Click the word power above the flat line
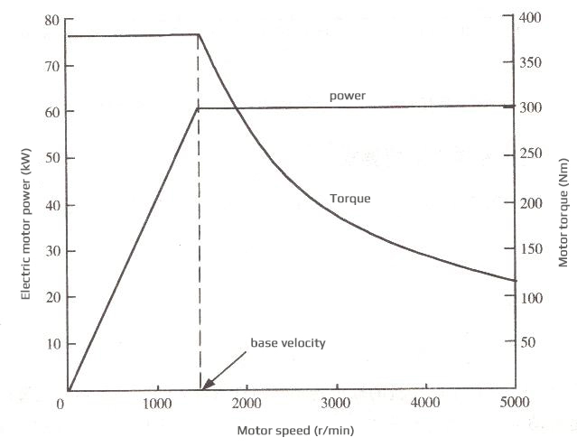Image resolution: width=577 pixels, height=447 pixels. [x=348, y=94]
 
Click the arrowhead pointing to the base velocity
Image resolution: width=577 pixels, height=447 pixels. [x=204, y=386]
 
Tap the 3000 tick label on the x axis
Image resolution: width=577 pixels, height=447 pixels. [x=335, y=403]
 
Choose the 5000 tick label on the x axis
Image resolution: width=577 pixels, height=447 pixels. [x=514, y=403]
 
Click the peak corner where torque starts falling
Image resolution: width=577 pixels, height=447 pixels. [x=199, y=34]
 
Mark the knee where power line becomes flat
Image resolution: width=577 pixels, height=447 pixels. [x=199, y=108]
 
